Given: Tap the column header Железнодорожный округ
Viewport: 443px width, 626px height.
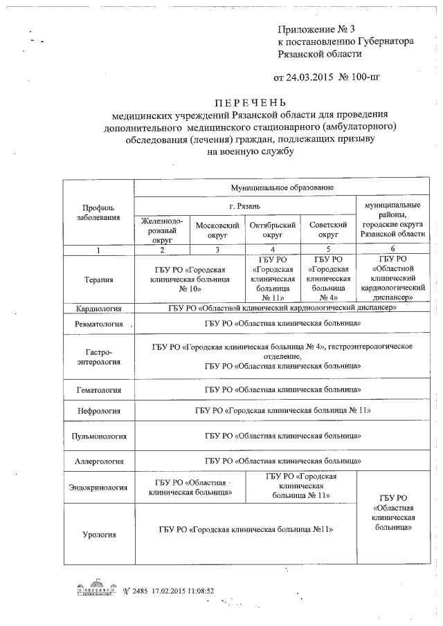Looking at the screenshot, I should click(161, 230).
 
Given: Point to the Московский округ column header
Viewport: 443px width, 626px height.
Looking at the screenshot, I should click(217, 230).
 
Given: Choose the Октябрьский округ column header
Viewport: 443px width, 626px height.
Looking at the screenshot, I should click(273, 230).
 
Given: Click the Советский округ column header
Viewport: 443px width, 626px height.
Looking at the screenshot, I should click(327, 230).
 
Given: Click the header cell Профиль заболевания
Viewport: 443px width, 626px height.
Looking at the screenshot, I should click(98, 212).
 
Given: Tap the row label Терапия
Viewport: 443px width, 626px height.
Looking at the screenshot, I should click(98, 279).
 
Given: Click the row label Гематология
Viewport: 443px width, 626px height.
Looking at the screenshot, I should click(98, 390).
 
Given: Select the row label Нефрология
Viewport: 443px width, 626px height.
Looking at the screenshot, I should click(98, 411).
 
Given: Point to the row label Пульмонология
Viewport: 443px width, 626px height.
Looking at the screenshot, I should click(98, 436).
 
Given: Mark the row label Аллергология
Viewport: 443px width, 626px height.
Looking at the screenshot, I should click(98, 460).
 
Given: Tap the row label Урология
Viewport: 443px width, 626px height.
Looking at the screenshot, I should click(98, 534).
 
